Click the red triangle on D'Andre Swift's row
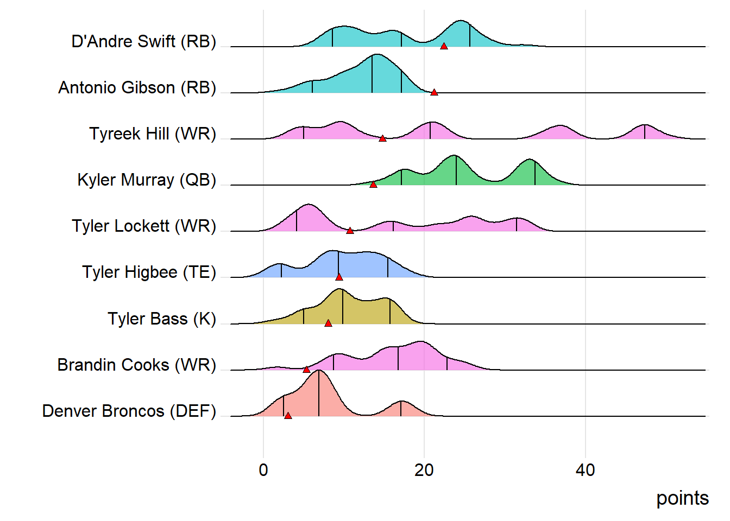pos(444,47)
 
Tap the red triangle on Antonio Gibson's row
pos(434,93)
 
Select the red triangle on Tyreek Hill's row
pos(382,139)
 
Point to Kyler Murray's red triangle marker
pos(373,185)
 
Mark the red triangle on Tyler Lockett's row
pos(350,231)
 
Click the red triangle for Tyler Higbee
pos(339,277)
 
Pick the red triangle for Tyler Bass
pos(328,323)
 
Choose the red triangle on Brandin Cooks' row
pos(306,370)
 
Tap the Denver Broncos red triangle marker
pos(288,416)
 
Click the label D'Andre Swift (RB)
pos(144,41)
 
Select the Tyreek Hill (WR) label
pos(153,134)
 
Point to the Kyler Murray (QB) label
pos(147,180)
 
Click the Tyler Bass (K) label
pos(162,319)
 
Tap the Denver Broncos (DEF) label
pos(129,411)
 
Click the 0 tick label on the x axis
pos(263,470)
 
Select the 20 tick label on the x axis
pos(424,470)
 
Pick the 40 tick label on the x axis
pos(585,470)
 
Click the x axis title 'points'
pos(682,498)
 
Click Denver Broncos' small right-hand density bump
pos(401,409)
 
